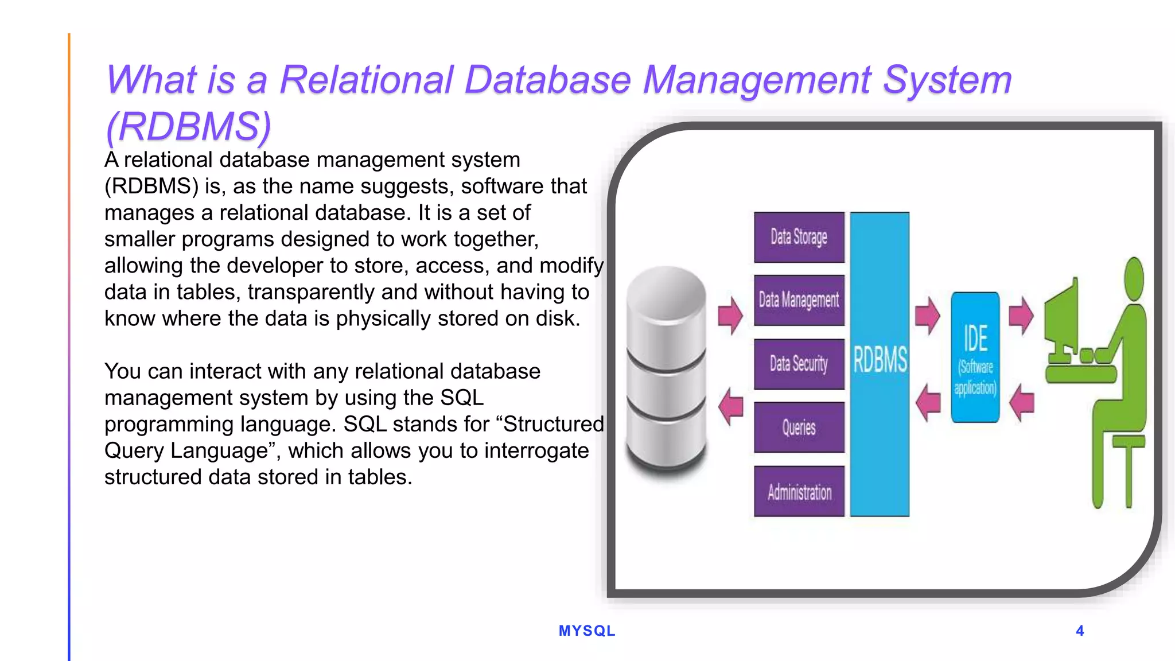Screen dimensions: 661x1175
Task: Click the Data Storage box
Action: coord(799,237)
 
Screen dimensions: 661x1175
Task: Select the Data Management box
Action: coord(799,300)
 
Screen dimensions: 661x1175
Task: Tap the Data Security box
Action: coord(799,364)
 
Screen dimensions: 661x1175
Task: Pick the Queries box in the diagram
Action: coord(799,427)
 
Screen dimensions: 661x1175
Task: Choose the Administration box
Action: coord(799,492)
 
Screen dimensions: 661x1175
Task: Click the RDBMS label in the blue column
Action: coord(880,360)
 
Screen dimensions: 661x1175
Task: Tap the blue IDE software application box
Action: coord(975,357)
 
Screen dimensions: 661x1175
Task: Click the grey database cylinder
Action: coord(666,370)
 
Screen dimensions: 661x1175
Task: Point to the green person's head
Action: coord(1134,278)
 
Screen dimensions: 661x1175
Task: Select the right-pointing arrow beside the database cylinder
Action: coord(730,315)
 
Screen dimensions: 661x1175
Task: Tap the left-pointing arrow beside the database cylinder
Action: coord(730,406)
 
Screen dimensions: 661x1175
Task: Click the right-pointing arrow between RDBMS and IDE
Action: coord(927,315)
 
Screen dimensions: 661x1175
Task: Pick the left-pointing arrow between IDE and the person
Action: coord(1021,402)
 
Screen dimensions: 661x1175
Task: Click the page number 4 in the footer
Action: coord(1080,631)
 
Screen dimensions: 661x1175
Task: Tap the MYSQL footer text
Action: coord(587,631)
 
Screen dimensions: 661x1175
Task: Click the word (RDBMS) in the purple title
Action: coord(189,126)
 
